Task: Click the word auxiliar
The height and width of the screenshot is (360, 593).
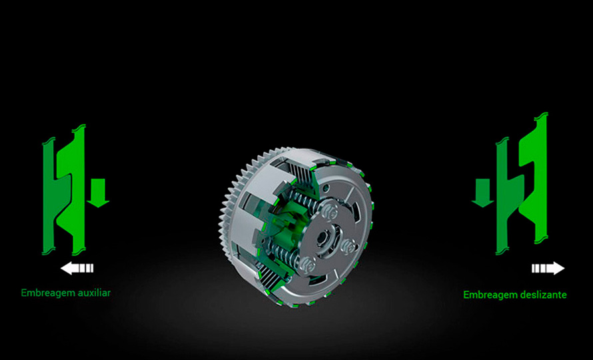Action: [x=94, y=293]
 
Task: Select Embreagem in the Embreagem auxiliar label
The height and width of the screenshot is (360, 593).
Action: [x=48, y=293]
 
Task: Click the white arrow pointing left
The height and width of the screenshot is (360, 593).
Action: [x=77, y=269]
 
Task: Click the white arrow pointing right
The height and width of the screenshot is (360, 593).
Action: [x=548, y=269]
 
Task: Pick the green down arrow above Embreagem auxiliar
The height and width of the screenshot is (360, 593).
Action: [x=99, y=193]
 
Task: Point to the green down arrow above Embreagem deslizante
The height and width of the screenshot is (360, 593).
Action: [x=483, y=193]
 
